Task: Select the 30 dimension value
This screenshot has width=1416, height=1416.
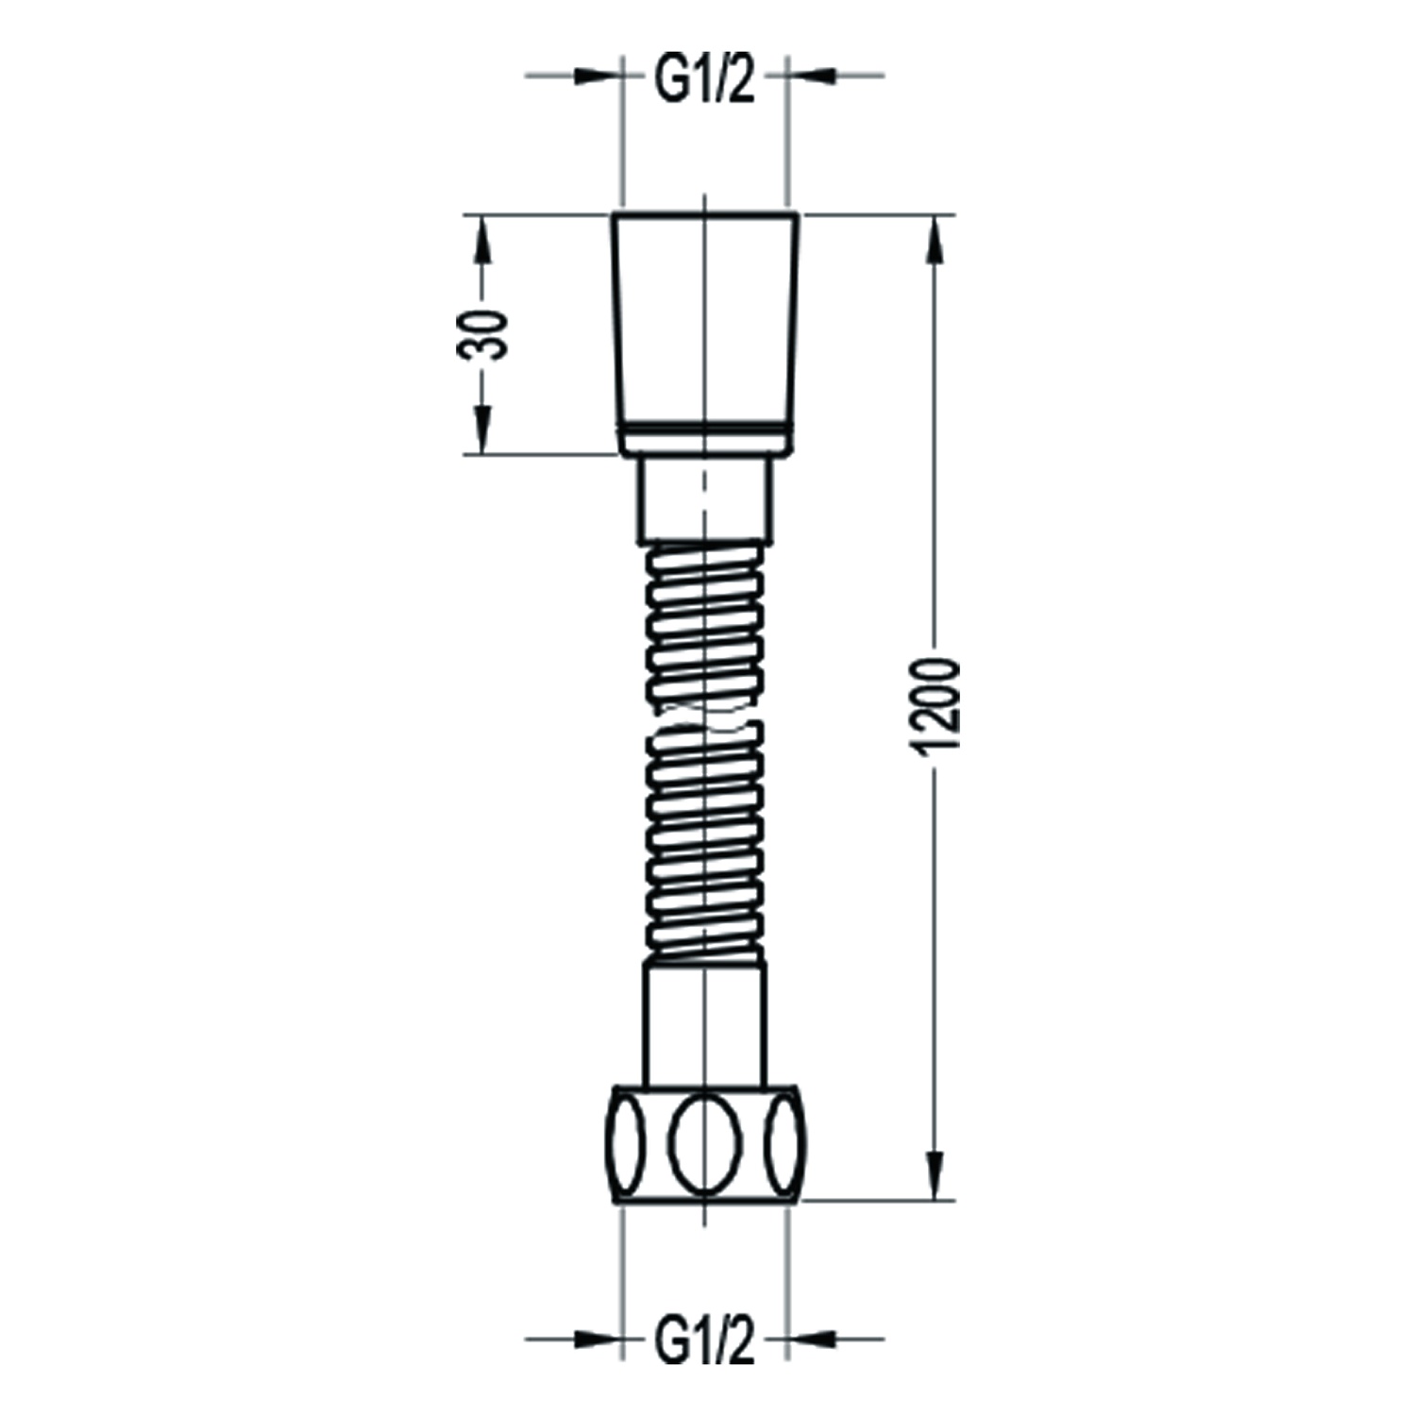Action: [x=482, y=334]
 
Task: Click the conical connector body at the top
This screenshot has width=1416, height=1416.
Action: [x=705, y=321]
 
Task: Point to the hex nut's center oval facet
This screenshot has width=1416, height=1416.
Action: [x=705, y=1143]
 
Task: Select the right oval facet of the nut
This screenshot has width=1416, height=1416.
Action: [x=784, y=1143]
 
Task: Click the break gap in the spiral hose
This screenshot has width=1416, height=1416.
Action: [x=703, y=716]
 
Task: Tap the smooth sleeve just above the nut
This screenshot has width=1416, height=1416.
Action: [x=704, y=1023]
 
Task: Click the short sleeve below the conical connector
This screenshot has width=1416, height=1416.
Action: [x=705, y=500]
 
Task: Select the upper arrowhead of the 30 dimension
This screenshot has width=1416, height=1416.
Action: [x=482, y=240]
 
